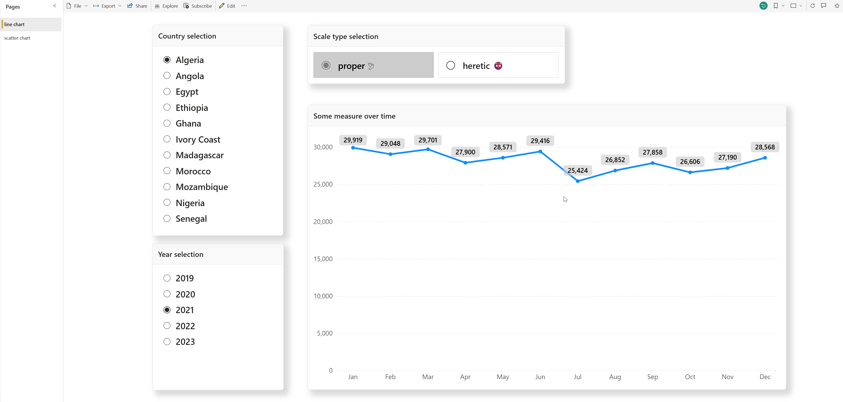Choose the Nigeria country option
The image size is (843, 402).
tap(167, 203)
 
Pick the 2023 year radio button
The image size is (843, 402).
tap(167, 342)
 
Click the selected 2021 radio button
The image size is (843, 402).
tap(167, 310)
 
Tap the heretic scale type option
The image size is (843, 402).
tap(450, 66)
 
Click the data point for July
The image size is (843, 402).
tap(578, 181)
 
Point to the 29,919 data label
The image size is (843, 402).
tap(353, 140)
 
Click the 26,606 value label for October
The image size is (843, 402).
tap(690, 161)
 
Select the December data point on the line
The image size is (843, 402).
tap(765, 158)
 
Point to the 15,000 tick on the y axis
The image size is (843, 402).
tap(323, 259)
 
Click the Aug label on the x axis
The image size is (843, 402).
tap(615, 377)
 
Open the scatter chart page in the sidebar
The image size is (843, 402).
tap(17, 38)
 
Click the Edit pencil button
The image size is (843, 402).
tap(227, 6)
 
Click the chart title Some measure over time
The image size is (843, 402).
tap(354, 116)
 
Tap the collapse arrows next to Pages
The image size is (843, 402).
tap(55, 6)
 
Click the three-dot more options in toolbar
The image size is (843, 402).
tap(244, 6)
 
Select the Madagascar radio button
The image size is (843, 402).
tap(167, 155)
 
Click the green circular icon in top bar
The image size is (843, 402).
tap(763, 6)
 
